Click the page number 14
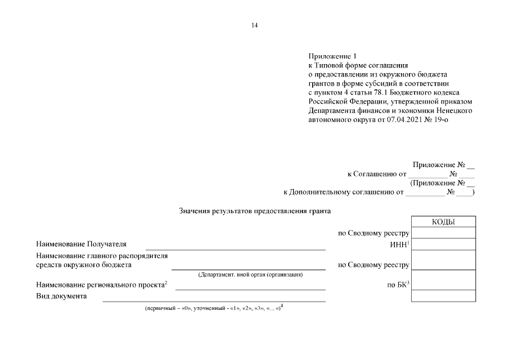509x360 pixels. (254, 25)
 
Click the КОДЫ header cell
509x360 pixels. (443, 222)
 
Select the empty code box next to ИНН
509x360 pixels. (443, 244)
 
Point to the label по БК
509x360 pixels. (398, 285)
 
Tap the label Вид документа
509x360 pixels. (61, 296)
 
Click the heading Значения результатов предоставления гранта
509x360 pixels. (255, 211)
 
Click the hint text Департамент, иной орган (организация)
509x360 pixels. (250, 274)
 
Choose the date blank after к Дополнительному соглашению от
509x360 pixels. (425, 192)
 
